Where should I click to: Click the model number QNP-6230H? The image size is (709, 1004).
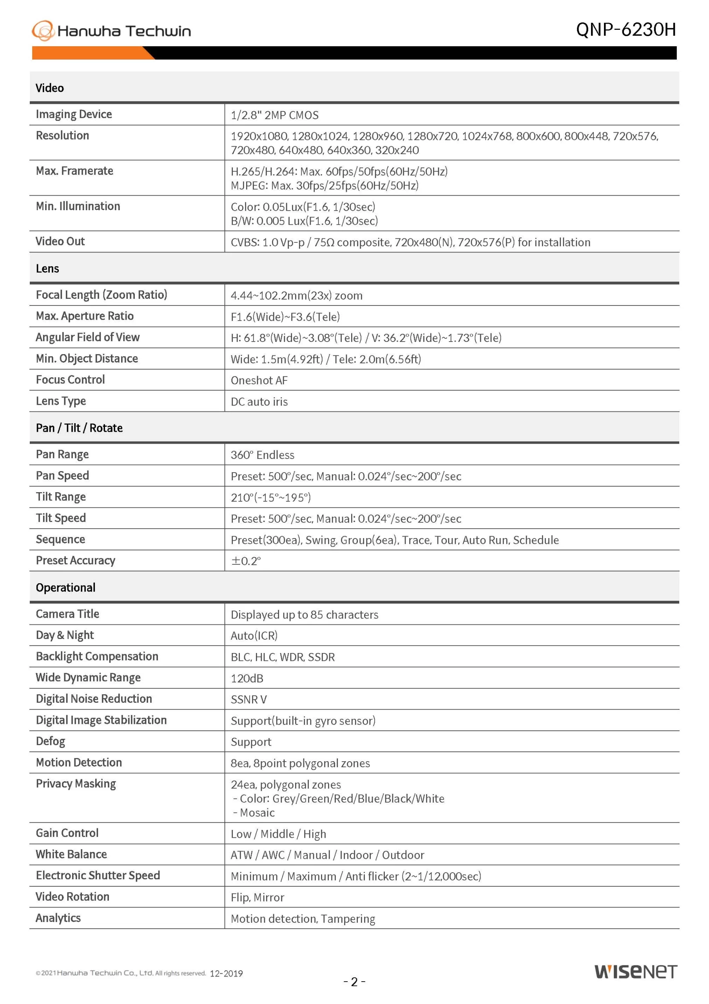click(x=626, y=30)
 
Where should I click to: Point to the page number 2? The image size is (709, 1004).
click(x=354, y=982)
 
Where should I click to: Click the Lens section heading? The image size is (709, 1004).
click(x=47, y=269)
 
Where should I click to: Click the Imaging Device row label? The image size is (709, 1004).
click(x=74, y=114)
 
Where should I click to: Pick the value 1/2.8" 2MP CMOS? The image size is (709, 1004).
click(x=274, y=115)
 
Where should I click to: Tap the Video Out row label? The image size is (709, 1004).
click(x=60, y=241)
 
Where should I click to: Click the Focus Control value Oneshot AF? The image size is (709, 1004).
click(x=259, y=380)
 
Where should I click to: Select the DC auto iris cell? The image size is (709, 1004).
click(x=259, y=402)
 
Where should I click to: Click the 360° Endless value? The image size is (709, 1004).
click(x=262, y=455)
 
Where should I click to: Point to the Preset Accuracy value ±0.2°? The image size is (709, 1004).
click(x=246, y=561)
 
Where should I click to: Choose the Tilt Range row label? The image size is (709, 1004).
click(x=61, y=497)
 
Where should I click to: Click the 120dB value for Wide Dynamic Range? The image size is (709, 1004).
click(x=247, y=678)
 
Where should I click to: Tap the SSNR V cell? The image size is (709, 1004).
click(x=249, y=699)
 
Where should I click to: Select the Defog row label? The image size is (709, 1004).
click(x=50, y=741)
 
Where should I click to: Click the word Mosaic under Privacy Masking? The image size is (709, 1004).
click(x=257, y=813)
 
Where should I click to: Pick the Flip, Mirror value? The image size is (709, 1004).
click(x=257, y=897)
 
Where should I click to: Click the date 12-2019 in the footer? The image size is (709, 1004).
click(x=226, y=973)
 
